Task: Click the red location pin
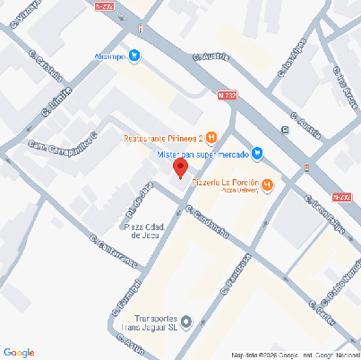coord(179,167)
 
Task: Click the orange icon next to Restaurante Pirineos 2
coord(211,137)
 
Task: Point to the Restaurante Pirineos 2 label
coord(161,138)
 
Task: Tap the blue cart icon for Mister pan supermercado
coord(257,153)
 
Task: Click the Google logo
coord(20,351)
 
